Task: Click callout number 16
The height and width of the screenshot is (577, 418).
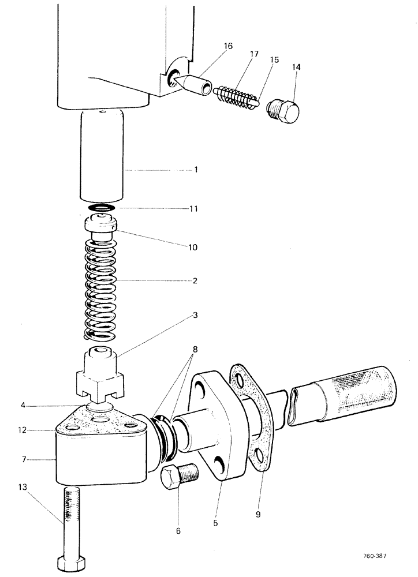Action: [x=229, y=46]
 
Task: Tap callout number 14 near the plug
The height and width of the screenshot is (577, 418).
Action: [x=296, y=68]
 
